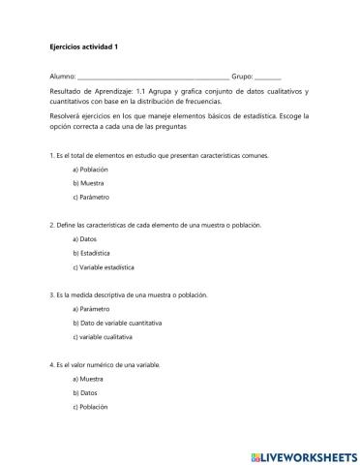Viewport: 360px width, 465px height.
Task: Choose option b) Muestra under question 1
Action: (88, 182)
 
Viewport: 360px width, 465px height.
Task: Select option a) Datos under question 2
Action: (85, 238)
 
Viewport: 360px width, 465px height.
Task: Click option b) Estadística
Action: (93, 252)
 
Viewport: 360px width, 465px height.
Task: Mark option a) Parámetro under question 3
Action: (92, 308)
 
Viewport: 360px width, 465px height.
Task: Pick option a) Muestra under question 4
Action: (88, 378)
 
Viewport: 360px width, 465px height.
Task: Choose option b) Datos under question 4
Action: (85, 392)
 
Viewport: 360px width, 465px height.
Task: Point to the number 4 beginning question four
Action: (50, 364)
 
